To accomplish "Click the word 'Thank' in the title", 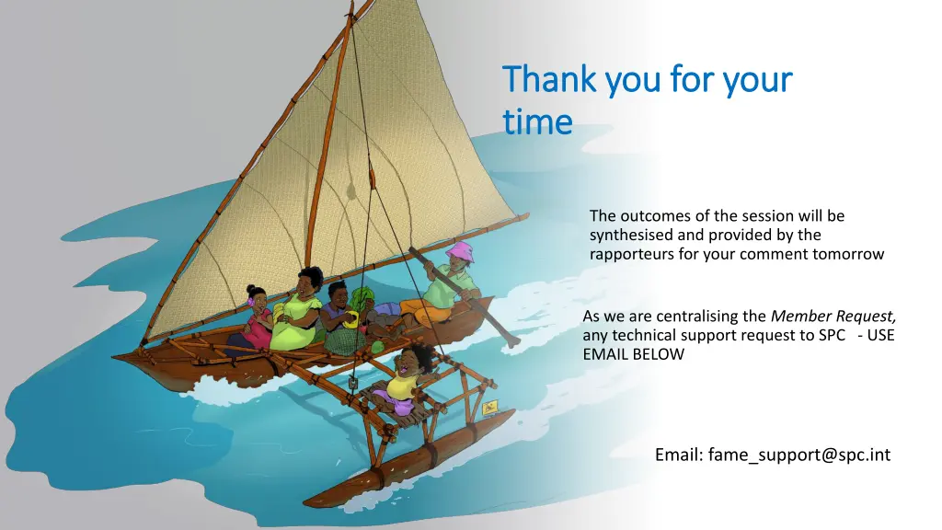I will tap(549, 81).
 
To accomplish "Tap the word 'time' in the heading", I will tap(537, 121).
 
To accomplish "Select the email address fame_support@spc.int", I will tap(798, 455).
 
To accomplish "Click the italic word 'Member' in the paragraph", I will tap(802, 317).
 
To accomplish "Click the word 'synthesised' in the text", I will tap(631, 235).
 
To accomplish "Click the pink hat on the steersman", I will tap(459, 250).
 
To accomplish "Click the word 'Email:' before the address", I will tap(679, 455).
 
